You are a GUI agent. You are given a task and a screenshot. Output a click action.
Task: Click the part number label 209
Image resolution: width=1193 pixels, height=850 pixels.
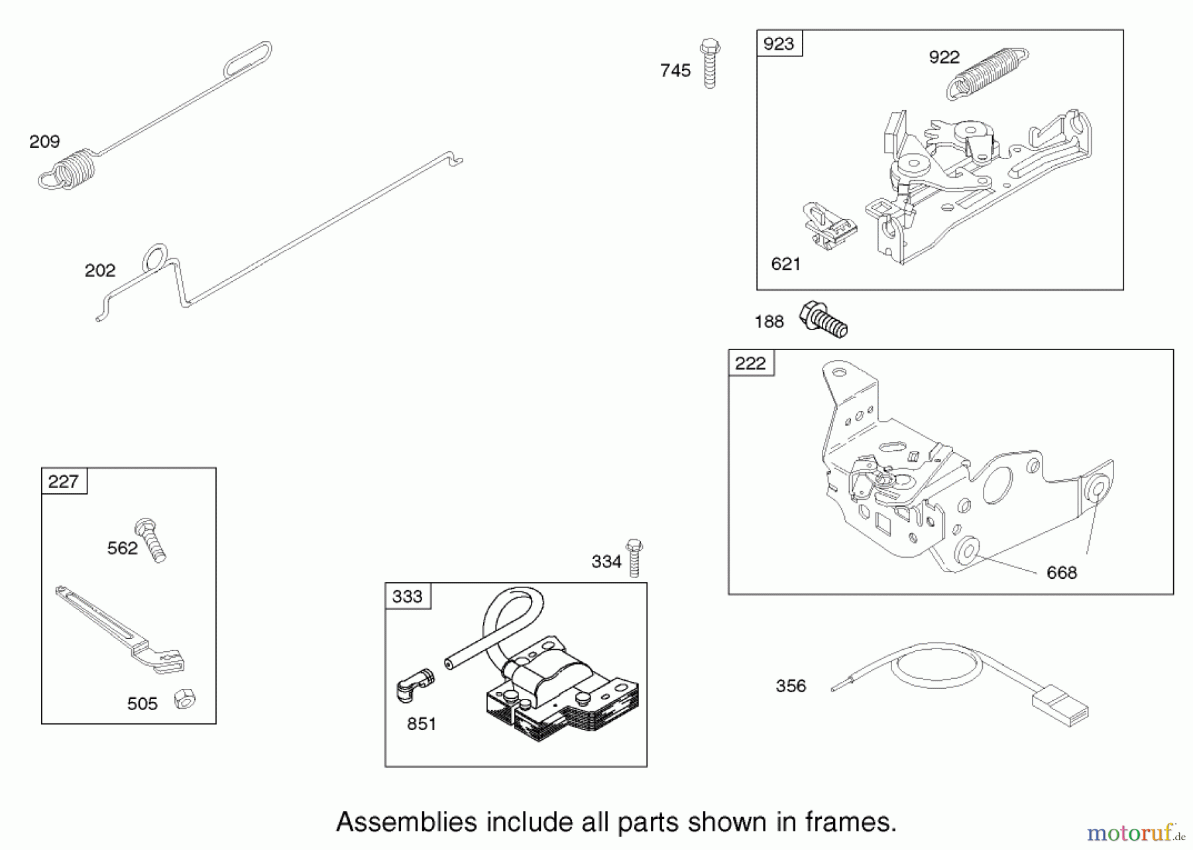click(44, 141)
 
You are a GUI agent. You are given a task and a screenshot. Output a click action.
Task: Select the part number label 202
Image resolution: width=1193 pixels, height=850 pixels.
click(100, 271)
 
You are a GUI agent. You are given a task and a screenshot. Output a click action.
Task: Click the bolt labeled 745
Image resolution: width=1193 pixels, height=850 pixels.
click(710, 64)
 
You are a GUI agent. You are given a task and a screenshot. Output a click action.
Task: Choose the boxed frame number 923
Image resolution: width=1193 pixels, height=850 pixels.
click(779, 44)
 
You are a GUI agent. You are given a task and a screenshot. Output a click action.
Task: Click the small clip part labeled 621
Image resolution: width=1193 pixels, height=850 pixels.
click(828, 225)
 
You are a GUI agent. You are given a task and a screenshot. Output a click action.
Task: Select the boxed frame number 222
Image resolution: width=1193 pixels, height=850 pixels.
click(751, 363)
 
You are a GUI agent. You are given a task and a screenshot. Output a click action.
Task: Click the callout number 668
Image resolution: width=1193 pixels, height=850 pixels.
click(1062, 573)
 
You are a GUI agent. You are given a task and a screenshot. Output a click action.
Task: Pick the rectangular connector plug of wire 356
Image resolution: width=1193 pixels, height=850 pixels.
click(1060, 708)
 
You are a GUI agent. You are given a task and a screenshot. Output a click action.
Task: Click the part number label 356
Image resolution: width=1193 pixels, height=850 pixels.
click(791, 686)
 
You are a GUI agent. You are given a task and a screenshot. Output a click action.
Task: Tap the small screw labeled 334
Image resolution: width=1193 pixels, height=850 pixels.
click(634, 558)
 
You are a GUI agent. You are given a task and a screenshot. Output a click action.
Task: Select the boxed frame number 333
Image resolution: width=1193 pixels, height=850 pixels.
click(408, 597)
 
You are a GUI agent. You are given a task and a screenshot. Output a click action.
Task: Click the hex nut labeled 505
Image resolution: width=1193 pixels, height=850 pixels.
click(184, 699)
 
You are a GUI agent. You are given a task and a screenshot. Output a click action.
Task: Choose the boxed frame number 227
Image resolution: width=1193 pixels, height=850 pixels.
click(64, 481)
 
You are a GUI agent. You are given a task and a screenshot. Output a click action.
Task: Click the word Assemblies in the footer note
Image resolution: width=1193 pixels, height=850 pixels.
click(406, 822)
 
